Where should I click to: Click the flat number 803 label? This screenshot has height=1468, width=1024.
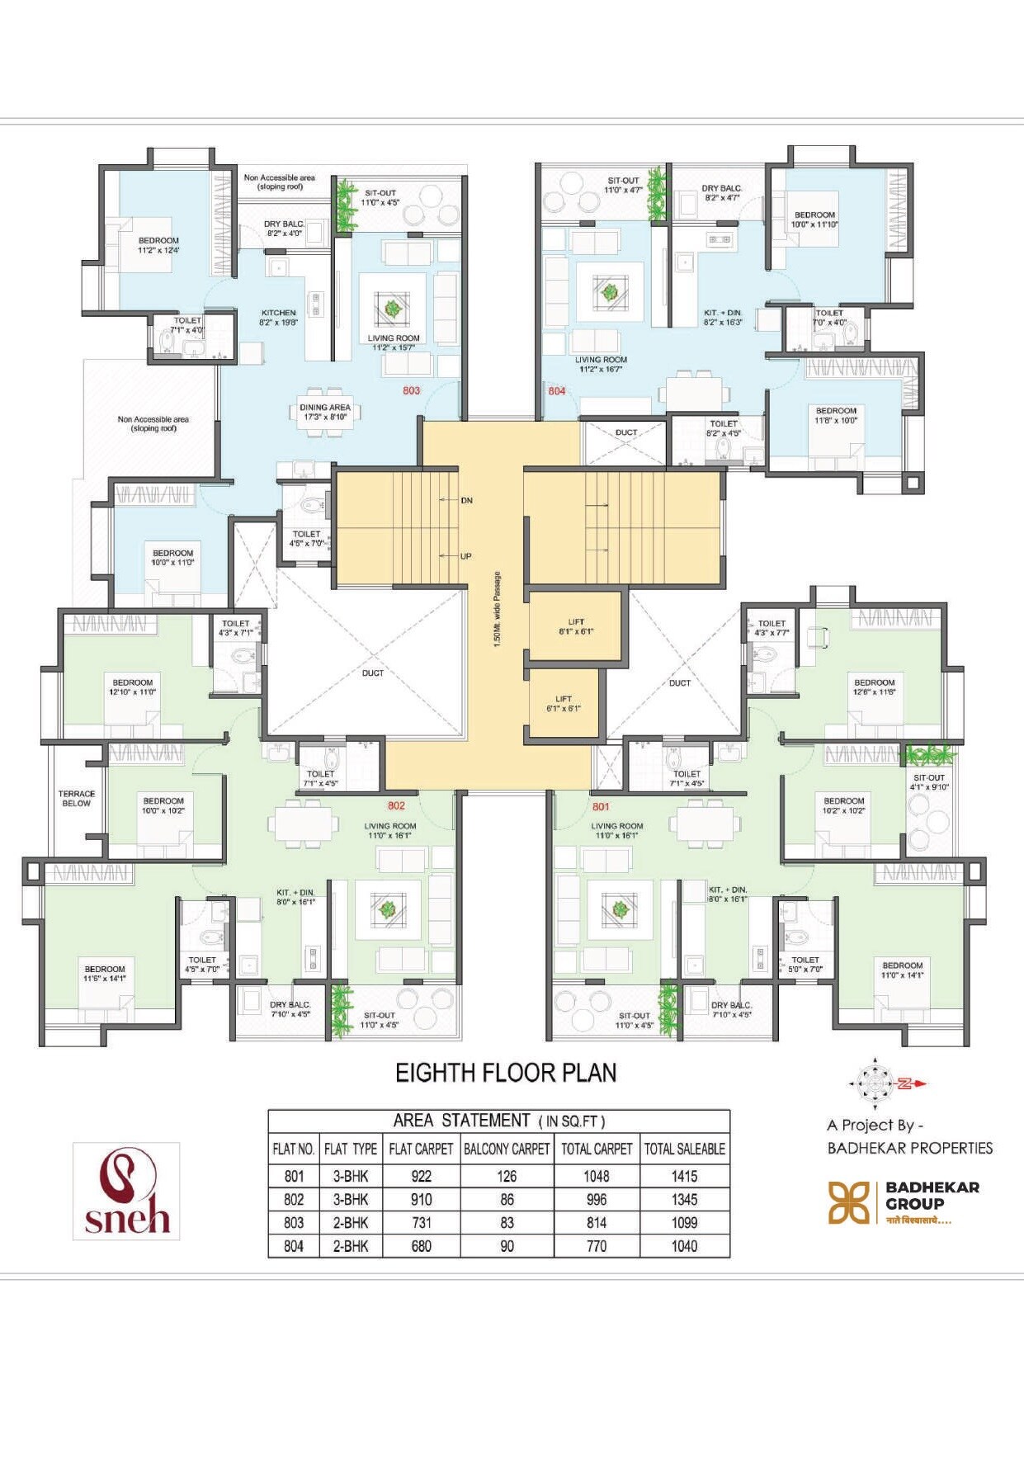[411, 390]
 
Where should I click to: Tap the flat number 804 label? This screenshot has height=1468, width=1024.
[557, 391]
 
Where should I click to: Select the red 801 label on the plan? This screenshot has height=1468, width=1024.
[601, 806]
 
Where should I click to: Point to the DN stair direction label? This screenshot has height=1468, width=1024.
[466, 501]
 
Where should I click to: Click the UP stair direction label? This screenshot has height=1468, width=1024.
[465, 556]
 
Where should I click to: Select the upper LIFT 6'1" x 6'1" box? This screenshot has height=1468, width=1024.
[575, 627]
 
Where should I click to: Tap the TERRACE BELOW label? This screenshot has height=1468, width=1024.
[77, 798]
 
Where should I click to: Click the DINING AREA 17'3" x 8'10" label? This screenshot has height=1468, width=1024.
[325, 412]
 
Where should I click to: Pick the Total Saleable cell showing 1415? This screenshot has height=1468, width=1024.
[684, 1176]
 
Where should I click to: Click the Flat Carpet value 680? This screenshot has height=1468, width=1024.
[421, 1246]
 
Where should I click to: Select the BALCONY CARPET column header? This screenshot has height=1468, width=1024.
[507, 1149]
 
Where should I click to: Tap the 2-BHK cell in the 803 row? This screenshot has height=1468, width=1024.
[351, 1223]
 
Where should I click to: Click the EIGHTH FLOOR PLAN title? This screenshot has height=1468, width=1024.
[506, 1073]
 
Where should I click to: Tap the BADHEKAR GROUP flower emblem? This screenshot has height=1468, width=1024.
[850, 1202]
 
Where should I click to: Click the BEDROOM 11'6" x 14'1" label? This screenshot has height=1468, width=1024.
[104, 974]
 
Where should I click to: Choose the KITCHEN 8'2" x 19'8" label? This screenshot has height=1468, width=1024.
[279, 318]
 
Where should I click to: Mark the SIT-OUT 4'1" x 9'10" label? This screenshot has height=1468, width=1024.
[929, 782]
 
